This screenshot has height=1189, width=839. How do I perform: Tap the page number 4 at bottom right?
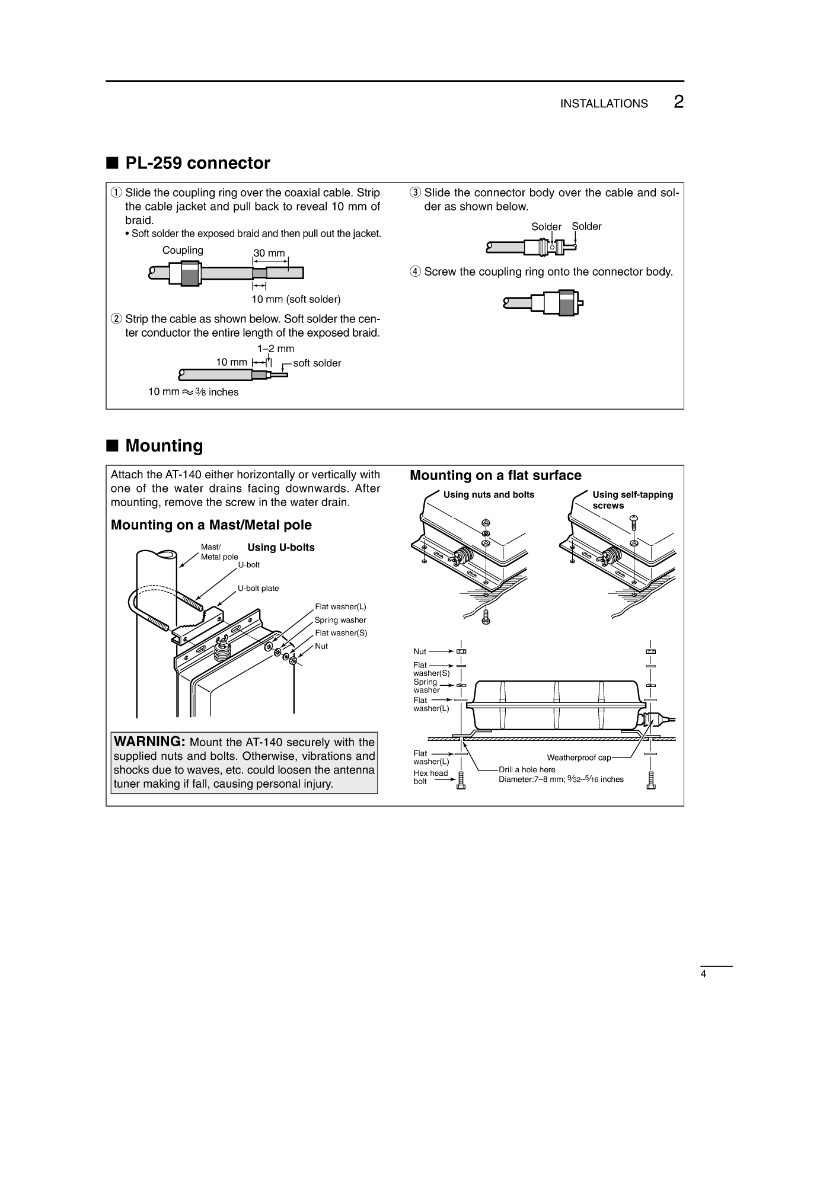point(703,974)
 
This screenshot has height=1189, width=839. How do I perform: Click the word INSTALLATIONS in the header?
point(604,104)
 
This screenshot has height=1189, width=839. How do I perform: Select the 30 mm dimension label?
point(269,253)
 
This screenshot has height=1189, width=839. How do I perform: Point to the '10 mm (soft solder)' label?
point(296,299)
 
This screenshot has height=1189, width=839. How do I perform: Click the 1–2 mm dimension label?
point(276,349)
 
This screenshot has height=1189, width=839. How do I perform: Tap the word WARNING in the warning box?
point(149,741)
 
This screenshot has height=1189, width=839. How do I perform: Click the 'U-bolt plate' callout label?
point(258,589)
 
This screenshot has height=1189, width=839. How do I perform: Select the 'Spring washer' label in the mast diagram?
point(340,620)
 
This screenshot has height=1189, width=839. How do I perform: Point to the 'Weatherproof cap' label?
point(579,757)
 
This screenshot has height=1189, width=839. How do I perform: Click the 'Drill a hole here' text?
point(527,770)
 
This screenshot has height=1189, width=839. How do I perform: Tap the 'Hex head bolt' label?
point(430,777)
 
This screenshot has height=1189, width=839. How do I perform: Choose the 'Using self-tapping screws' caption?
point(632,500)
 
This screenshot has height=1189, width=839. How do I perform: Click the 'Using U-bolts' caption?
point(281,547)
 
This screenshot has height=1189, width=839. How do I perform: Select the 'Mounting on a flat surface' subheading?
point(496,475)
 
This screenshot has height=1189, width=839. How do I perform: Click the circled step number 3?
point(416,193)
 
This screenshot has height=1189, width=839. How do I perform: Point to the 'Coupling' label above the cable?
point(183,250)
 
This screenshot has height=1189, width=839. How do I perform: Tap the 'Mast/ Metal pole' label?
point(219,552)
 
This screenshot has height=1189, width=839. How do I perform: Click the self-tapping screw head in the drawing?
point(634,519)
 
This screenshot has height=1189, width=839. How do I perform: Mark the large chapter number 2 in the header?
point(678,102)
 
